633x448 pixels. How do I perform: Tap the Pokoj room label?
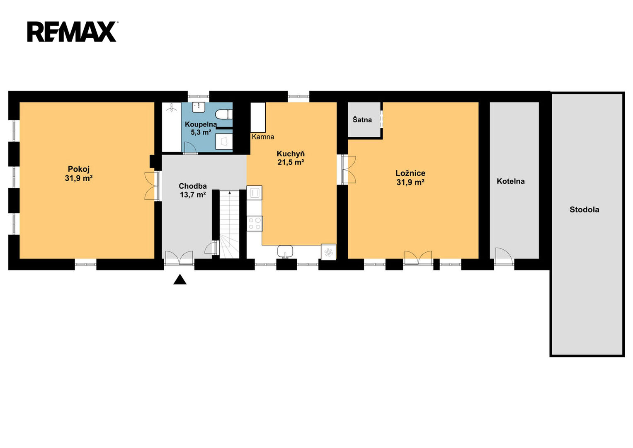coord(79,169)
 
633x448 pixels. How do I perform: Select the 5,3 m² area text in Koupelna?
coord(201,132)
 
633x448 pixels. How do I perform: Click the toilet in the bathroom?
coord(224,114)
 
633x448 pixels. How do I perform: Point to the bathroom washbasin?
coord(199,107)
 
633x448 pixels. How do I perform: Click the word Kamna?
coord(263,137)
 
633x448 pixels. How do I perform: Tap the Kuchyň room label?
coord(291,154)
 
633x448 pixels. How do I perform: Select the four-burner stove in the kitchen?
coord(255,224)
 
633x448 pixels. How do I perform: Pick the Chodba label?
coord(193,186)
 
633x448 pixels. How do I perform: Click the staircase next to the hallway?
coord(230,224)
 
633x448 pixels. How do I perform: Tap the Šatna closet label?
coord(362,119)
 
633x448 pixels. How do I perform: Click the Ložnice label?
coord(410,173)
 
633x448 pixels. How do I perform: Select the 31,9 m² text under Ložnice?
coord(410,183)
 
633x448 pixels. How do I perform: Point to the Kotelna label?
coord(511,181)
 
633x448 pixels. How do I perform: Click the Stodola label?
coord(584,209)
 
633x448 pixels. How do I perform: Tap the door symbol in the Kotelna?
coord(504,256)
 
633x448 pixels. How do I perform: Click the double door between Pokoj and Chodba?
coord(152,186)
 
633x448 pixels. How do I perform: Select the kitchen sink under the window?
coord(285,251)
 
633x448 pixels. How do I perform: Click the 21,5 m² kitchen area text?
coord(291,162)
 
